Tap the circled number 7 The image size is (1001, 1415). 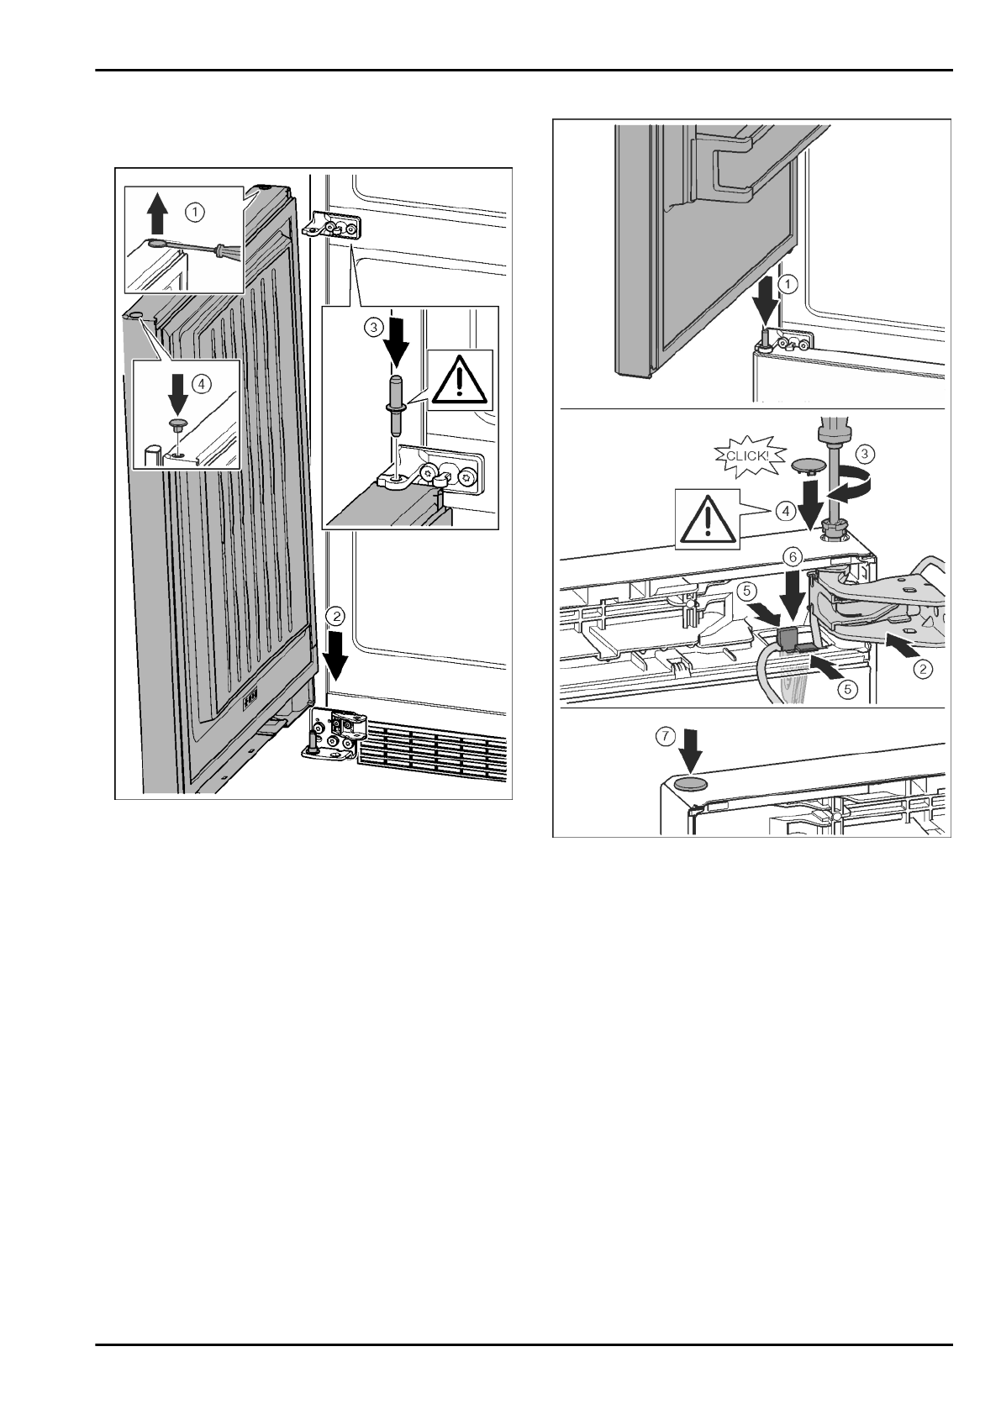[666, 735]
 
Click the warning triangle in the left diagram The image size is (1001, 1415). [458, 382]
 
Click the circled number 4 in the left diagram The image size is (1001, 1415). [200, 383]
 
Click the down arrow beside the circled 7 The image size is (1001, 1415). [690, 753]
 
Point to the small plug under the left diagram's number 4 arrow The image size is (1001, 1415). [177, 424]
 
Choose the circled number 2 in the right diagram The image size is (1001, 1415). [922, 669]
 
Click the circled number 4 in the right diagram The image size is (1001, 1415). [783, 510]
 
